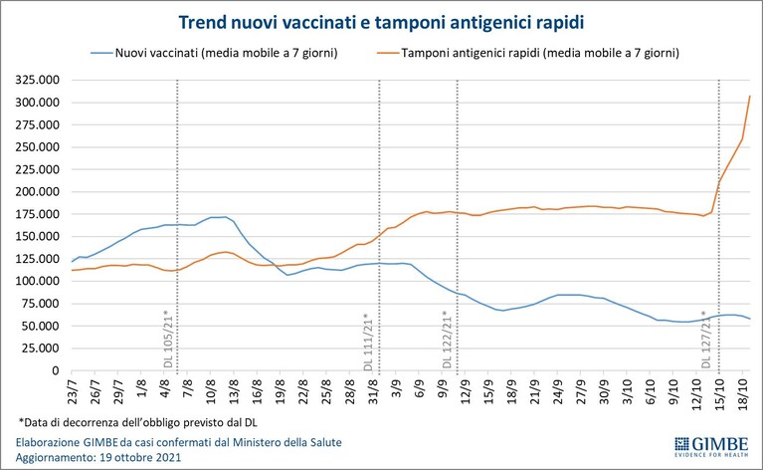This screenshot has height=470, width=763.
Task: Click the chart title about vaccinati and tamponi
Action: click(x=381, y=22)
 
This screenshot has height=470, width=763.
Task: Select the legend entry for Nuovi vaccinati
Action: click(x=214, y=53)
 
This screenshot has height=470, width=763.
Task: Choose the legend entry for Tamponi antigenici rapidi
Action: click(x=528, y=53)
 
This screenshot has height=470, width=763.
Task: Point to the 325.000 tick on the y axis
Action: click(x=37, y=80)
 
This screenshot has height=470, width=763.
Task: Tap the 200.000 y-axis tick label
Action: click(x=37, y=192)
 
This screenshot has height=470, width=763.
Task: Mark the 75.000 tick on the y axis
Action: click(x=40, y=304)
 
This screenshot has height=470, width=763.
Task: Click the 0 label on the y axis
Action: click(x=55, y=370)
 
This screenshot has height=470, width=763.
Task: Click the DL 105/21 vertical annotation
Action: click(x=168, y=339)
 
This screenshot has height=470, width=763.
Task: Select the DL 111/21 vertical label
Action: click(x=368, y=341)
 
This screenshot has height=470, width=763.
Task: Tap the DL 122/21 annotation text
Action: click(x=448, y=339)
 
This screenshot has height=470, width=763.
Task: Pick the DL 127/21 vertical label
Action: click(x=706, y=339)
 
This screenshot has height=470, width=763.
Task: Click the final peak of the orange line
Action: click(x=750, y=96)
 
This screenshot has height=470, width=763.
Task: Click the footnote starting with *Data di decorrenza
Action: click(x=137, y=422)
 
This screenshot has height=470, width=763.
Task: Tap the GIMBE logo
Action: click(x=711, y=447)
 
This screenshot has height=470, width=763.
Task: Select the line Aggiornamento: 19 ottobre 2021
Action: click(x=98, y=458)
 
